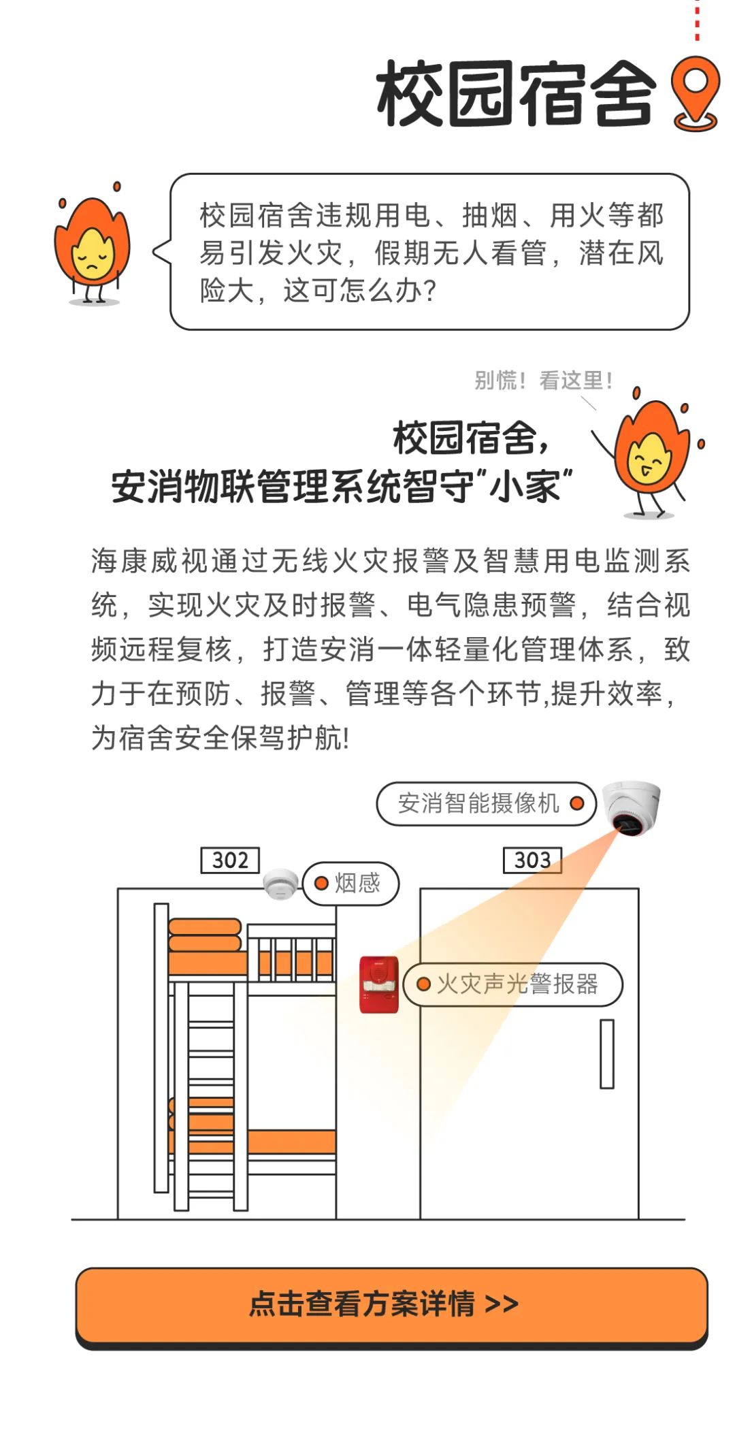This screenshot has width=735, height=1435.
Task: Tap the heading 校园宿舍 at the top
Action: [x=516, y=94]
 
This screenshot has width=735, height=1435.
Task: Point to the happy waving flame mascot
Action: [x=647, y=452]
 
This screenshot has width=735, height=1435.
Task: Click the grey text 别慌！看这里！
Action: [x=543, y=381]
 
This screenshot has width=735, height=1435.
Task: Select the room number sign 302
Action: [x=230, y=860]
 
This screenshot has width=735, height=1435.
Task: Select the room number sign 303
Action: [x=532, y=860]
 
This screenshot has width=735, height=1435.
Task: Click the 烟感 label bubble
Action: [x=350, y=883]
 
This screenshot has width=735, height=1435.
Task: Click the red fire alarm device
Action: [x=379, y=984]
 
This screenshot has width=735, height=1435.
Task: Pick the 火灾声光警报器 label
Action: [x=513, y=984]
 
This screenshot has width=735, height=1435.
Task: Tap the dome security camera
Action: [x=632, y=807]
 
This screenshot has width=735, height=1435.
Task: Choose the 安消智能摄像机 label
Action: [x=486, y=803]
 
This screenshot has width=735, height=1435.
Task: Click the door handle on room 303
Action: [x=607, y=1053]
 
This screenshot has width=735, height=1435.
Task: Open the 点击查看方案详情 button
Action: [x=391, y=1306]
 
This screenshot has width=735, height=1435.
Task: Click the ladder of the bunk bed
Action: [x=211, y=1096]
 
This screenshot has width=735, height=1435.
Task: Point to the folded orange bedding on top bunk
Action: [x=204, y=935]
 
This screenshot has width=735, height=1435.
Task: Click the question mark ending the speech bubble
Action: [x=429, y=291]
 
